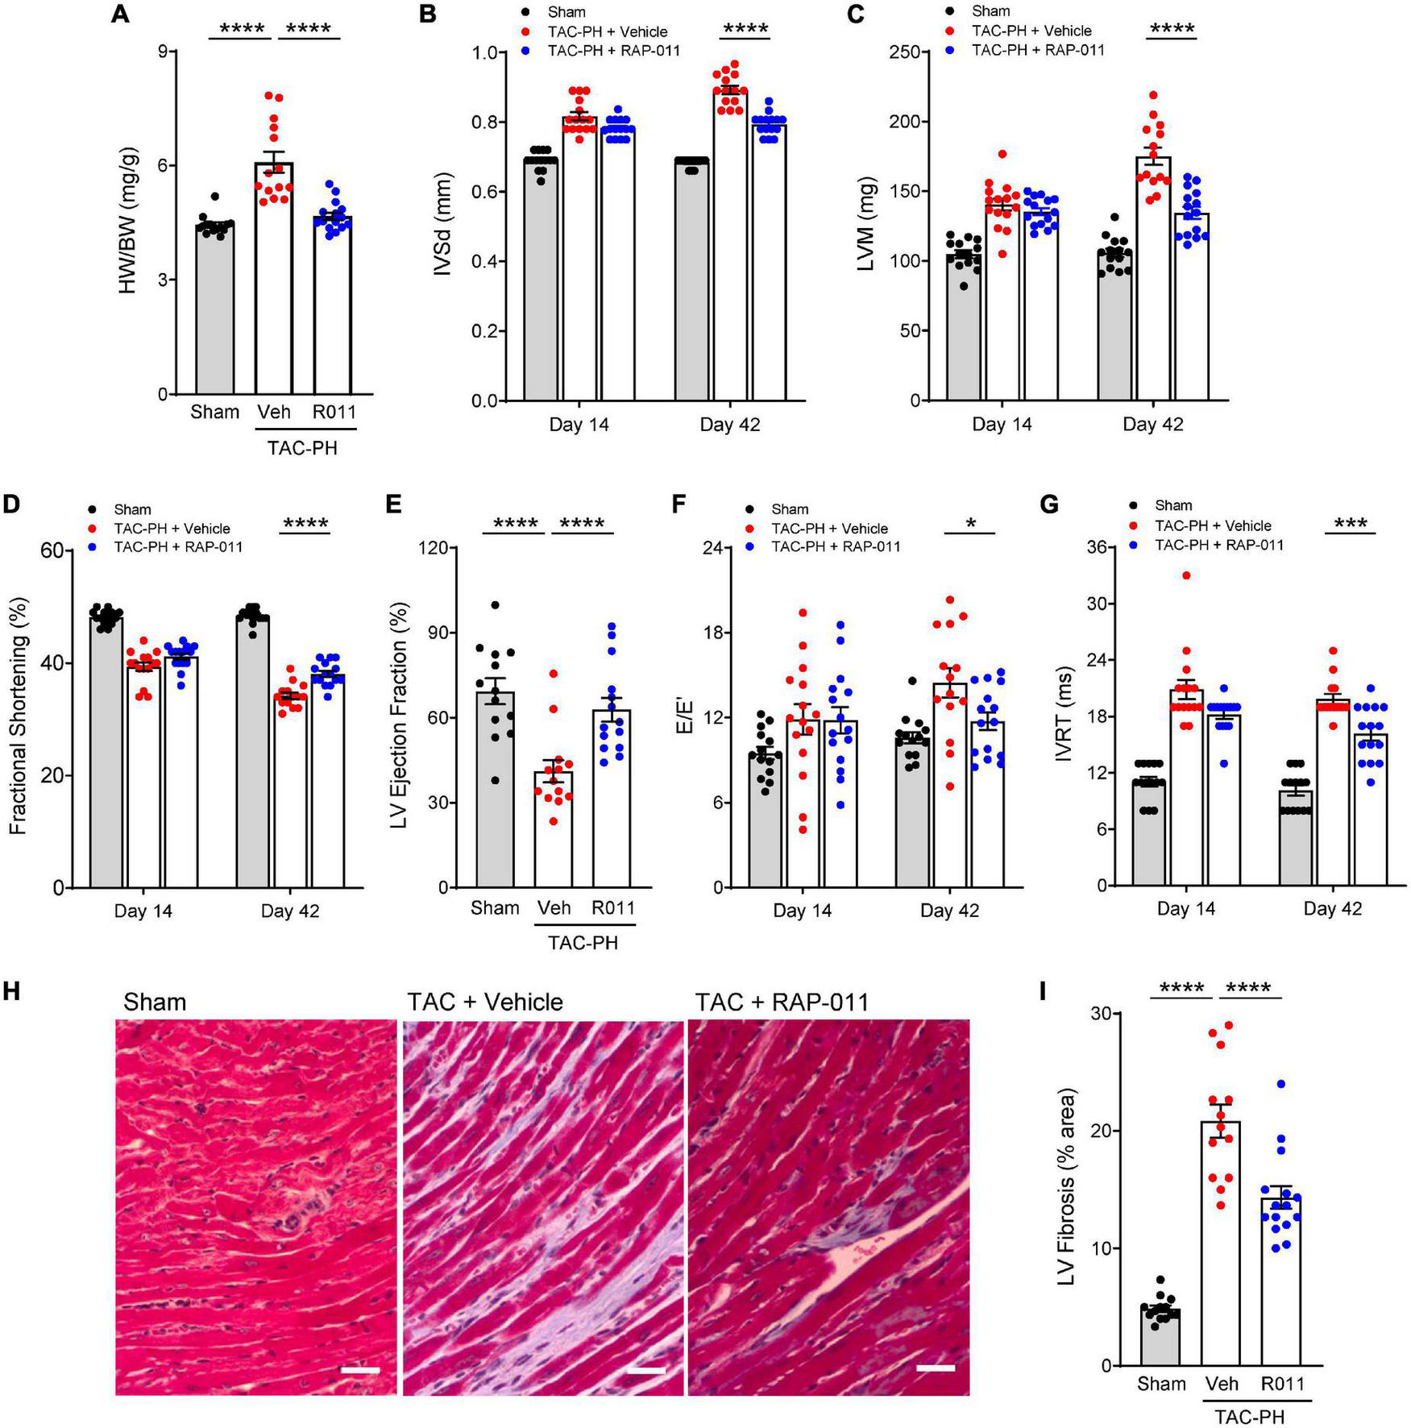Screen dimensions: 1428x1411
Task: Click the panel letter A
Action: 120,15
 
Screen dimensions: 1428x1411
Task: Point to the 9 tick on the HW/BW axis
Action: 163,52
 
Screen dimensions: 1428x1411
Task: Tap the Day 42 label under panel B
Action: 729,425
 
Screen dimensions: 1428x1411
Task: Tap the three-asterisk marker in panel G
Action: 1351,524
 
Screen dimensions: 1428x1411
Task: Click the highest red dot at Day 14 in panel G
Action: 1186,575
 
